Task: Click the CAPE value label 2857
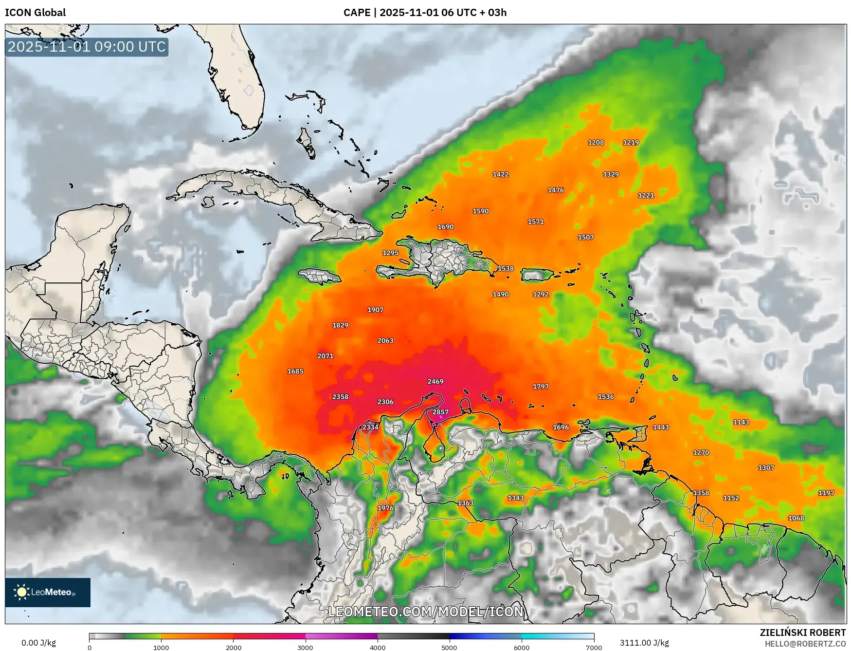440,412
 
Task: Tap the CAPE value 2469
435,381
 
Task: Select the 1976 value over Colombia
385,508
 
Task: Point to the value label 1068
796,518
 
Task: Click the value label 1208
596,143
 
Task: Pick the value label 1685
295,372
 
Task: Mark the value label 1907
375,310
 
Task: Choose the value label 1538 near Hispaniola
506,268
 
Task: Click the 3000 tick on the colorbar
305,648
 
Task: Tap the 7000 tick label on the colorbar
594,648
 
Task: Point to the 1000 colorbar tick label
161,648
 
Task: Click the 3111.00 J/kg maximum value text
644,643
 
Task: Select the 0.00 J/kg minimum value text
38,643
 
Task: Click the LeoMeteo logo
48,592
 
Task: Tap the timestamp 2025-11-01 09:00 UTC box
87,47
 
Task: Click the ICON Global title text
35,13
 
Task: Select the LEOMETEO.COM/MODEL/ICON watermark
426,612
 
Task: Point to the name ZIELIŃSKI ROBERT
803,632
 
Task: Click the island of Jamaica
319,277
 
